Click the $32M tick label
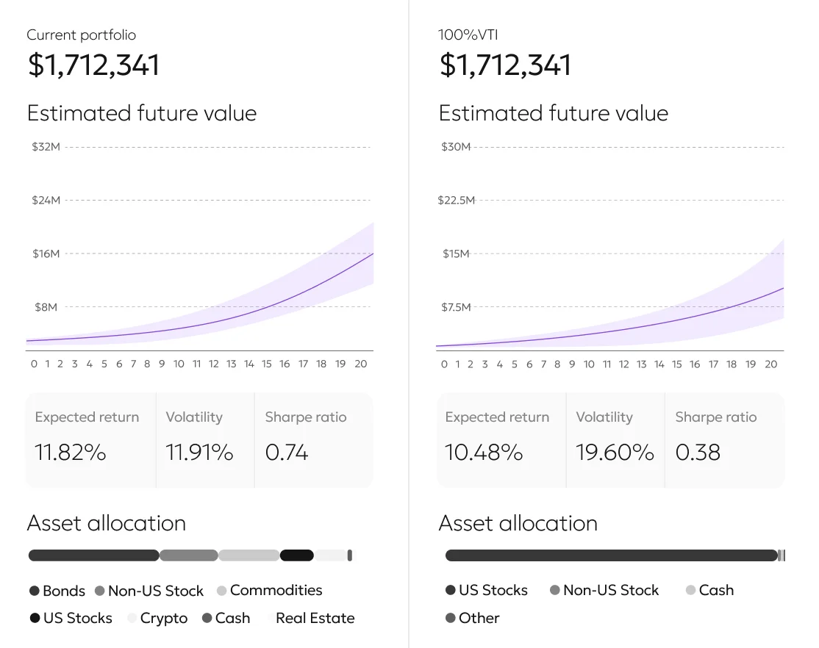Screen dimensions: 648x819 [46, 147]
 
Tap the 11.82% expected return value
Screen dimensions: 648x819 [71, 453]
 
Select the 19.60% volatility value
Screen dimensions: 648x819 [615, 453]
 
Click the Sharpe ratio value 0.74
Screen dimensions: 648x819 [287, 453]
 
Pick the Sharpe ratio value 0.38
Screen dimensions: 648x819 [698, 453]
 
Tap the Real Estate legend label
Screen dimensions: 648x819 [315, 619]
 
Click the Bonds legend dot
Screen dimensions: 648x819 [35, 591]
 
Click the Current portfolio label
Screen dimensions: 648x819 [81, 35]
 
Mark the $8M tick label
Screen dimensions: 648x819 [46, 307]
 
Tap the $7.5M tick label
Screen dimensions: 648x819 [456, 307]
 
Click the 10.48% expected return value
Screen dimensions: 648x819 [484, 453]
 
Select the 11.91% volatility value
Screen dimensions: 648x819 [199, 453]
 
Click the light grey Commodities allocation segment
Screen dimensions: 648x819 [248, 555]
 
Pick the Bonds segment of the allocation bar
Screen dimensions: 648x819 [93, 555]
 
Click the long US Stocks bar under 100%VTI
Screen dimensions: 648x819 [610, 555]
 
